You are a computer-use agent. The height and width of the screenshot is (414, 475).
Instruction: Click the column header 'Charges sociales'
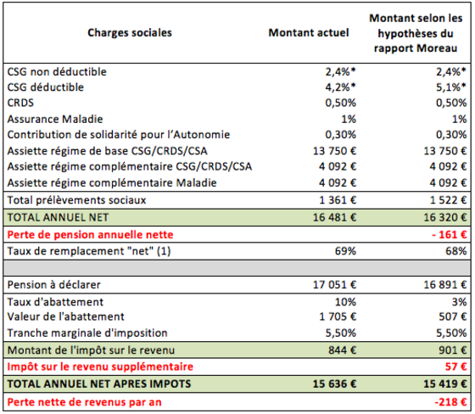[130, 33]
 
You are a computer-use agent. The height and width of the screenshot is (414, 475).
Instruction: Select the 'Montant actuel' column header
[309, 33]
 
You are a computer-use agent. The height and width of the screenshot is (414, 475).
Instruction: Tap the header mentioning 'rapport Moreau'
[416, 33]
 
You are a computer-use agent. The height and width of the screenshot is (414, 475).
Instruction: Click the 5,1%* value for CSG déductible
[450, 87]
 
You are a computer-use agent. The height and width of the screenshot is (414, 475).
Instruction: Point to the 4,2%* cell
[340, 87]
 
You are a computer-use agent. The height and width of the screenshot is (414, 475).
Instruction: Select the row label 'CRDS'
[20, 103]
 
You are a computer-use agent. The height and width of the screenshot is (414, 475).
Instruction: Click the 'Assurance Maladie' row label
[55, 119]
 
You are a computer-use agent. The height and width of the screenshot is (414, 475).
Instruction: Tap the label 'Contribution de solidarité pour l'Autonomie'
[119, 135]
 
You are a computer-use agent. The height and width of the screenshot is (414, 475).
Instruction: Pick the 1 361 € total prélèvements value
[338, 200]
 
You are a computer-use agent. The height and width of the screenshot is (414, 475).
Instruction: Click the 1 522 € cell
[449, 200]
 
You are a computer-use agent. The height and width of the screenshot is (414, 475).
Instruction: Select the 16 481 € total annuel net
[335, 217]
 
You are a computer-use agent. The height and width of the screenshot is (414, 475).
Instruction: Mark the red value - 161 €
[450, 235]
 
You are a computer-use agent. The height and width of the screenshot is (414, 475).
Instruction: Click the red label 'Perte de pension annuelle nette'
[90, 235]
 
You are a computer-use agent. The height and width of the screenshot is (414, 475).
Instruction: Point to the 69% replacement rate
[346, 251]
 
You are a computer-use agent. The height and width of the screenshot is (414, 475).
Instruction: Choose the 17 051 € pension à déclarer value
[335, 284]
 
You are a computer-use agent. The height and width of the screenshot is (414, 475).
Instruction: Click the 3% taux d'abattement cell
[459, 302]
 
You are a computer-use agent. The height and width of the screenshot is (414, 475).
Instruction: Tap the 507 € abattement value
[453, 316]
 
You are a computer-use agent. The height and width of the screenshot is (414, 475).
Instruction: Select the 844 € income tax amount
[343, 350]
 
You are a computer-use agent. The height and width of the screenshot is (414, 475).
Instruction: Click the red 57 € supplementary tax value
[456, 366]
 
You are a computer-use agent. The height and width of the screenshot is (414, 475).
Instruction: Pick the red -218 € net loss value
[450, 402]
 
